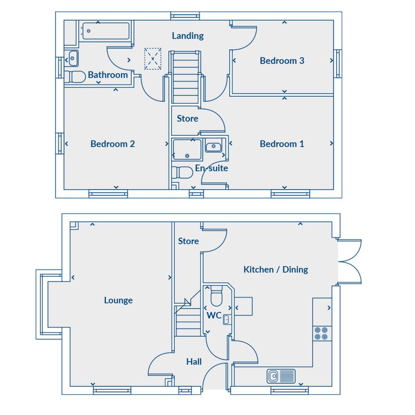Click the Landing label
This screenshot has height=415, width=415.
coord(188,36)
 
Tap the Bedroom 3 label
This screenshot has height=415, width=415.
coord(282,61)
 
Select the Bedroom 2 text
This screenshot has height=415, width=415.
coord(112,144)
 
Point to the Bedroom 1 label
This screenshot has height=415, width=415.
coord(282,144)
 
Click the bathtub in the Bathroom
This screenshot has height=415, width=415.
coord(106,31)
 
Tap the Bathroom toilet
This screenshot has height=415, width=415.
coord(75,77)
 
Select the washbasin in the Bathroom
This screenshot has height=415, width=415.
coord(73,58)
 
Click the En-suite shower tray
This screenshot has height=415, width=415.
coord(187,150)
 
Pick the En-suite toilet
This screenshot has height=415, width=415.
coord(182,173)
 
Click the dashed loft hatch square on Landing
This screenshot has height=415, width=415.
coord(153,59)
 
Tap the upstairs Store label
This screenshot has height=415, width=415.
coord(188,118)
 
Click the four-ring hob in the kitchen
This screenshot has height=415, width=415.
coord(321,333)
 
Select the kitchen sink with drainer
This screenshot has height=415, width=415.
coord(281,376)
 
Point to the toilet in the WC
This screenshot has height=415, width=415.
coord(217,296)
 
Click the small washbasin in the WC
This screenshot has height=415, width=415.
coord(227,320)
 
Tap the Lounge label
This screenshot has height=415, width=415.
coord(118,300)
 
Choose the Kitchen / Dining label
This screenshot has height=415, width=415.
coord(276,270)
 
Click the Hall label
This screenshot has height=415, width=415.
coord(194,361)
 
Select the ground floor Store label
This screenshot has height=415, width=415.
coord(188,241)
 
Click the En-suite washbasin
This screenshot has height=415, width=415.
coord(213,146)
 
